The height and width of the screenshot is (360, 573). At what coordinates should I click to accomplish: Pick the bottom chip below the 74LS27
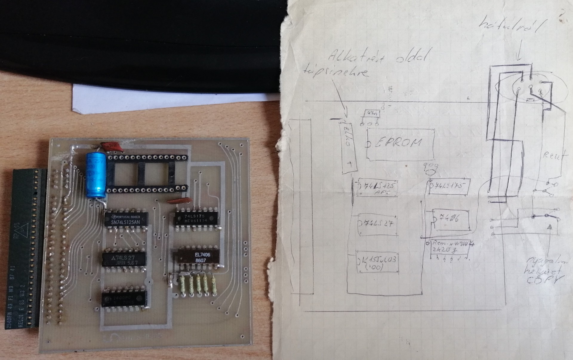pyautogui.click(x=124, y=298)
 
